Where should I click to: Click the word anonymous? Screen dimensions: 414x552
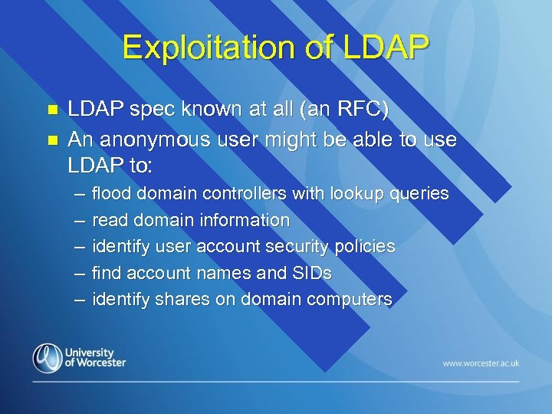(x=152, y=140)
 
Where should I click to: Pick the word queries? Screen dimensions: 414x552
(x=419, y=194)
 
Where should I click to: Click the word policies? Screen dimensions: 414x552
(x=364, y=247)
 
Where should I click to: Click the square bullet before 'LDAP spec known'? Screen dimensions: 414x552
(x=52, y=111)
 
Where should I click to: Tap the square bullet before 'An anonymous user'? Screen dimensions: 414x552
(x=52, y=141)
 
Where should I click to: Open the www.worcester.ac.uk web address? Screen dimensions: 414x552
(x=481, y=362)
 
